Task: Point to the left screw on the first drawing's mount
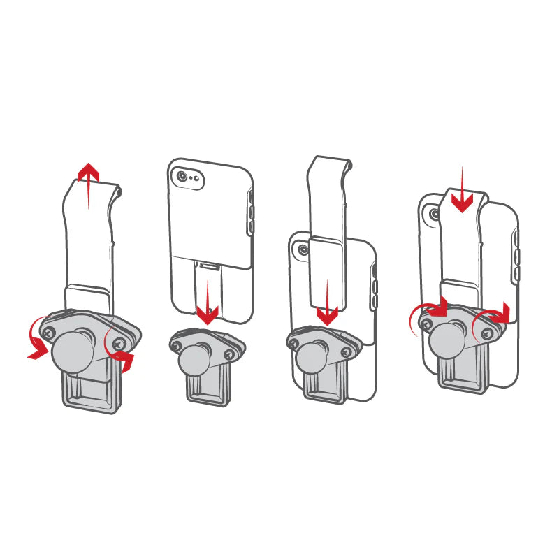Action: coord(48,334)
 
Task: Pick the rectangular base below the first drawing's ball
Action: coord(91,391)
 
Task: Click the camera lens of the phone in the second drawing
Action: coord(183,177)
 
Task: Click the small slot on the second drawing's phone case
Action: coord(208,265)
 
